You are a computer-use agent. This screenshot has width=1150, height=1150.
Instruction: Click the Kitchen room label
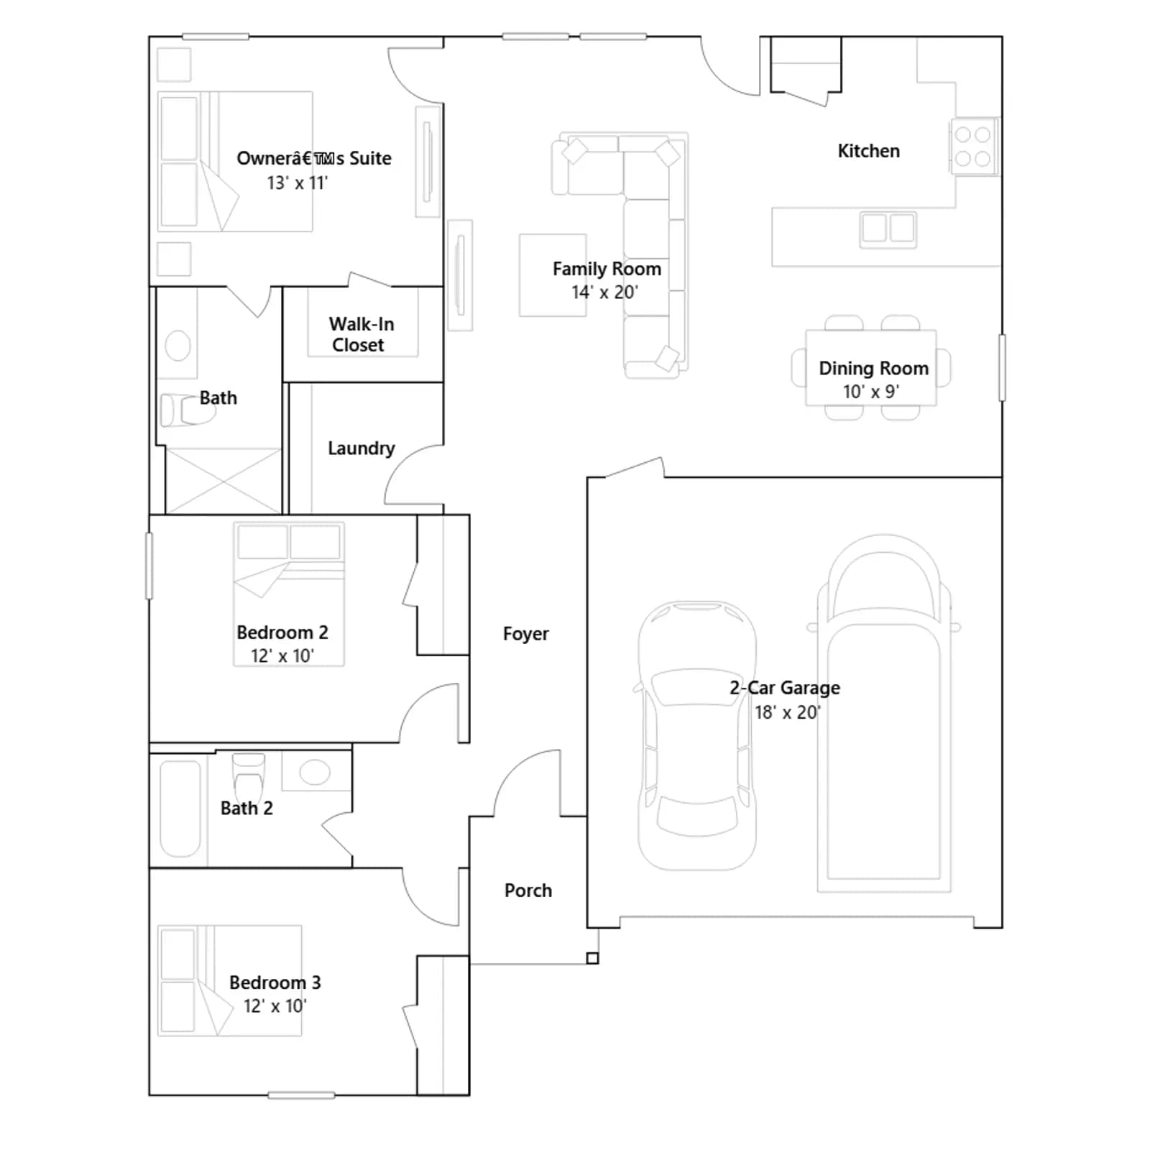(x=868, y=151)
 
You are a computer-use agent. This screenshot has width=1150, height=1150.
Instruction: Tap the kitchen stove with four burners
(x=974, y=146)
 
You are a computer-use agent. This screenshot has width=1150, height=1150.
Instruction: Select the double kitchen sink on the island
(x=888, y=229)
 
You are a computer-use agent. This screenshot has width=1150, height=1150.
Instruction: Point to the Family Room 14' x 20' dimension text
(x=604, y=293)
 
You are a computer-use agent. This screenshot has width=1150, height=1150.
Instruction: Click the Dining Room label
(x=873, y=368)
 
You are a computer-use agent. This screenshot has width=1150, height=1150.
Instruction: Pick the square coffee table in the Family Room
(x=553, y=275)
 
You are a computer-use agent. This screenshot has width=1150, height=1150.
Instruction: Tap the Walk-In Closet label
(x=361, y=334)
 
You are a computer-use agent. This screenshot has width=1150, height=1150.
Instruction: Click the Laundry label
(x=361, y=448)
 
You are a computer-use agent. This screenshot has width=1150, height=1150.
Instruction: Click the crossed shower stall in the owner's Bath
(x=223, y=481)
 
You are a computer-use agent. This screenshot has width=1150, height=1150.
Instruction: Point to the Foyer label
(x=525, y=634)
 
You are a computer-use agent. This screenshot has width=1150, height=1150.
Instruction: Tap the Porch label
(x=528, y=891)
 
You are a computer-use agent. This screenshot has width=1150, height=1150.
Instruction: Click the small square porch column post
(x=592, y=958)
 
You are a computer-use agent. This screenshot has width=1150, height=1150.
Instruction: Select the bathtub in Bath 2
(x=180, y=809)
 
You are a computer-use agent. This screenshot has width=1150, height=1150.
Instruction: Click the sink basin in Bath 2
(x=314, y=773)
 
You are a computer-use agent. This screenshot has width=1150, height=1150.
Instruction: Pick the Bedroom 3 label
(x=275, y=983)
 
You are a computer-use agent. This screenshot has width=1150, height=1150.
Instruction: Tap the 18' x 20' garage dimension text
(x=787, y=712)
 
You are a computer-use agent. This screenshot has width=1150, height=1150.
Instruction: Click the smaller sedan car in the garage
(x=696, y=736)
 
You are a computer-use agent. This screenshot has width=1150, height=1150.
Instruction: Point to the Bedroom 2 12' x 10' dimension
(x=282, y=656)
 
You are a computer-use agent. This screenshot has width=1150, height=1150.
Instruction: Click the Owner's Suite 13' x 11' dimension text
(x=297, y=183)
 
